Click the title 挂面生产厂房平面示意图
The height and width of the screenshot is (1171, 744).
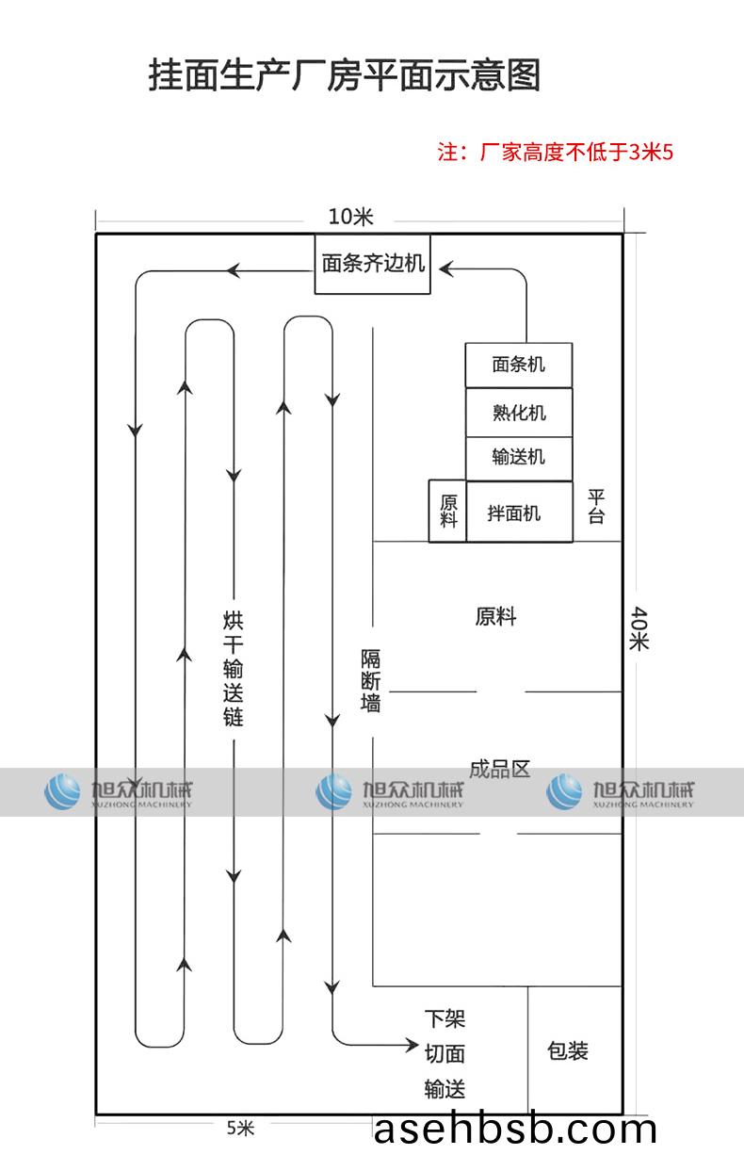pyautogui.click(x=345, y=75)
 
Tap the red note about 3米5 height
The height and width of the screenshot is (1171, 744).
pyautogui.click(x=556, y=153)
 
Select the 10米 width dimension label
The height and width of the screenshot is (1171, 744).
pyautogui.click(x=350, y=217)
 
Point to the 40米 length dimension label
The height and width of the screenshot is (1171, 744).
pyautogui.click(x=639, y=628)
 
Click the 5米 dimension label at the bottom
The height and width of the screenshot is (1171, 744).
pyautogui.click(x=240, y=1128)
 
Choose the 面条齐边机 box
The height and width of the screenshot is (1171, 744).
pyautogui.click(x=372, y=264)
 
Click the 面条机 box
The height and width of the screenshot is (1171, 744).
pyautogui.click(x=518, y=365)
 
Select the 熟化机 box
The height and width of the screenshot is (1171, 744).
pyautogui.click(x=518, y=413)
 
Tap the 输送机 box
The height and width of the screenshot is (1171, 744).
pyautogui.click(x=518, y=459)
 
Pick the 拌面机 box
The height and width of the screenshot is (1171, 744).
pyautogui.click(x=518, y=512)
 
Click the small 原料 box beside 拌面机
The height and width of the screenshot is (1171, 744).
pyautogui.click(x=447, y=512)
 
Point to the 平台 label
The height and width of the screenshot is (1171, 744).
pyautogui.click(x=596, y=506)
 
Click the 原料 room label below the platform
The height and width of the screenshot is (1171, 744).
pyautogui.click(x=495, y=617)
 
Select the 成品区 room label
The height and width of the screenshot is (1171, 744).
pyautogui.click(x=499, y=769)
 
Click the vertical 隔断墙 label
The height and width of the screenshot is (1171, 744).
pyautogui.click(x=371, y=680)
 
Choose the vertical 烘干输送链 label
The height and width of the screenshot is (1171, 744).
pyautogui.click(x=233, y=668)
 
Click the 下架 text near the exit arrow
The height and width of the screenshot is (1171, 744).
pyautogui.click(x=445, y=1019)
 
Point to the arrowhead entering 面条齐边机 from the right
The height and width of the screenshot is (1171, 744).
pyautogui.click(x=445, y=270)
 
